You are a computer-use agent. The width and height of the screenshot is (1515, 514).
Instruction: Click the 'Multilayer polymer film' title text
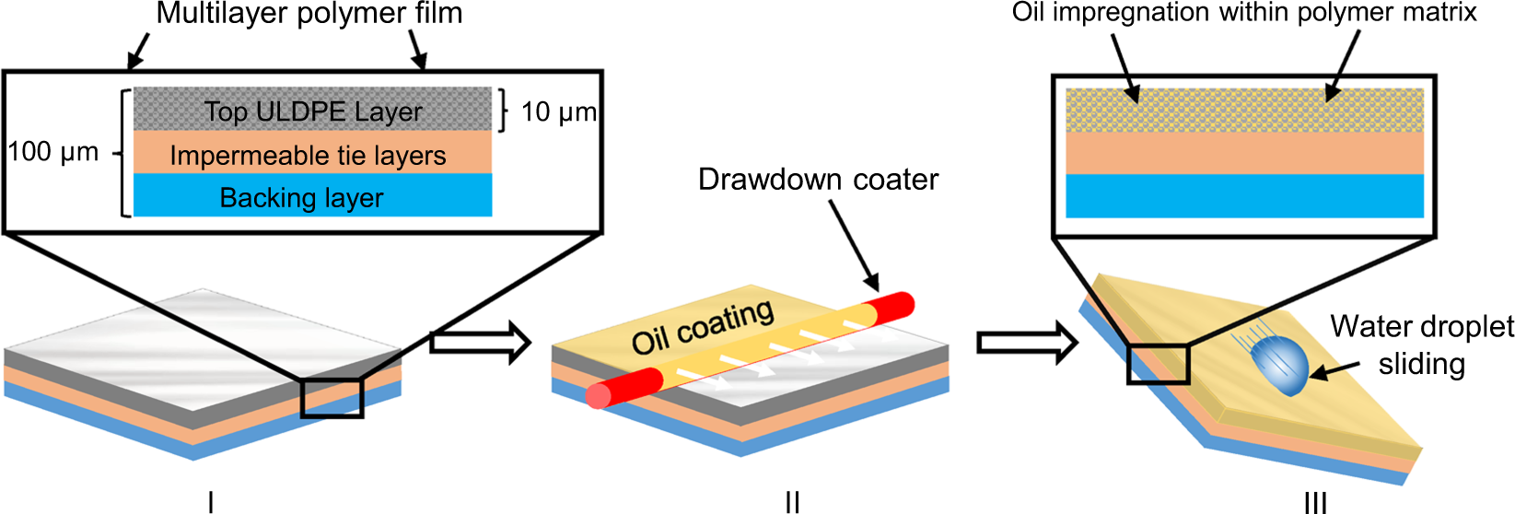(x=309, y=15)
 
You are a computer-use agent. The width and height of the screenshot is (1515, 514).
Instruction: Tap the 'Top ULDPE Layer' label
(x=313, y=111)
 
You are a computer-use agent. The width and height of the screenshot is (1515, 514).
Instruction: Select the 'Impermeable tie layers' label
(x=308, y=156)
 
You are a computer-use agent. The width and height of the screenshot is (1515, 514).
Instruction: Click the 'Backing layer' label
(x=301, y=198)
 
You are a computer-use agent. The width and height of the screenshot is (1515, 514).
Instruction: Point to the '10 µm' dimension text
(x=558, y=112)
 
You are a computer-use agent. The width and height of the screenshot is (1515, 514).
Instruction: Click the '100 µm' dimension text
(x=53, y=152)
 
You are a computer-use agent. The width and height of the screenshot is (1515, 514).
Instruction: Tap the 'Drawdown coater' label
(x=818, y=180)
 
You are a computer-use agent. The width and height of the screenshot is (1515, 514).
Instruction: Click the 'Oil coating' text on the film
(x=702, y=327)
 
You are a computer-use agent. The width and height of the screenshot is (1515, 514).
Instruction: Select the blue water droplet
(x=1280, y=364)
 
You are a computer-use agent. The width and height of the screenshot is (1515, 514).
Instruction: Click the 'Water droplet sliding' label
(x=1421, y=345)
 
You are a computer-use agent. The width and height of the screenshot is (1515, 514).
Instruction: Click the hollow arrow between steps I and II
(x=481, y=344)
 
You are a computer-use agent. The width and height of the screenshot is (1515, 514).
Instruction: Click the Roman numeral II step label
(x=792, y=502)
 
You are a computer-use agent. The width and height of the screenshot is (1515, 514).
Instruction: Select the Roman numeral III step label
(x=1315, y=502)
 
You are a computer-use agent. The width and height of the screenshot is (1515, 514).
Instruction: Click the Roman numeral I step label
(x=211, y=502)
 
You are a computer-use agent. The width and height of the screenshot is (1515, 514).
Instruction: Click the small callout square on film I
(x=332, y=397)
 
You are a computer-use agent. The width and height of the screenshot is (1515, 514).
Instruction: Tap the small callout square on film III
(x=1159, y=363)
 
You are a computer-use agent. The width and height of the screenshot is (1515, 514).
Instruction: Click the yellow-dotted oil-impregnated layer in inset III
(x=1244, y=110)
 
